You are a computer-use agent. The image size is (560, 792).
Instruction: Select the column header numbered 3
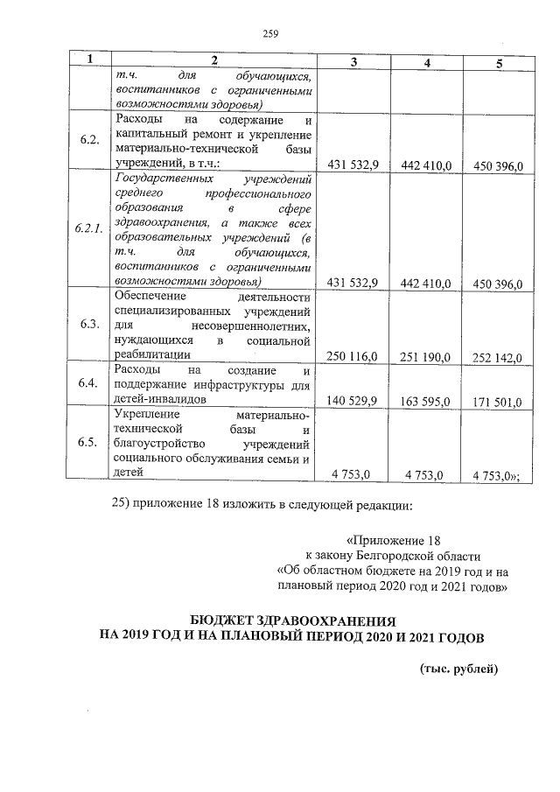click(x=353, y=61)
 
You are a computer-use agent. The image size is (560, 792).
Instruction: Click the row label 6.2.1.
click(x=88, y=229)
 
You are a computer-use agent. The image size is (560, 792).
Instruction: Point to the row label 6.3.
click(x=87, y=325)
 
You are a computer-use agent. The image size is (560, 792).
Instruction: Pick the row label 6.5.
click(x=87, y=443)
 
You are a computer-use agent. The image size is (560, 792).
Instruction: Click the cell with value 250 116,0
click(x=352, y=356)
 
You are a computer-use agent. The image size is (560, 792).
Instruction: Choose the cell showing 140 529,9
click(x=352, y=401)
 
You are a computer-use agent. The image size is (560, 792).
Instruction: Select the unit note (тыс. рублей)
click(x=458, y=669)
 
